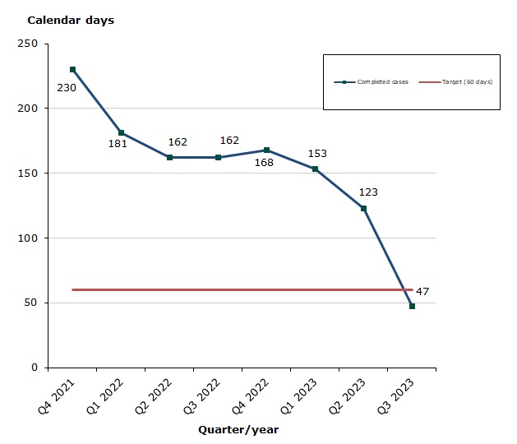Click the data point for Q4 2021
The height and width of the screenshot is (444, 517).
click(73, 70)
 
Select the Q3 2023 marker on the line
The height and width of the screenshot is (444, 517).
click(412, 306)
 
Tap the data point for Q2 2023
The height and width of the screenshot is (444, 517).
click(363, 208)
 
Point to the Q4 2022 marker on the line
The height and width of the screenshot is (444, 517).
click(267, 150)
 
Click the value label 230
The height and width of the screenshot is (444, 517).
click(67, 86)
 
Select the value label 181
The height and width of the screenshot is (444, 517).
click(118, 144)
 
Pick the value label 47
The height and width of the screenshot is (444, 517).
click(422, 292)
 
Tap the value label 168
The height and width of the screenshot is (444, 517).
click(263, 162)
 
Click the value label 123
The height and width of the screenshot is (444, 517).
click(368, 192)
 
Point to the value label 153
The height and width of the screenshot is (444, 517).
click(317, 154)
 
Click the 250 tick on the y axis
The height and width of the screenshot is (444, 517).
click(30, 44)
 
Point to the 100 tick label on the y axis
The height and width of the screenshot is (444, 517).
click(30, 238)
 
